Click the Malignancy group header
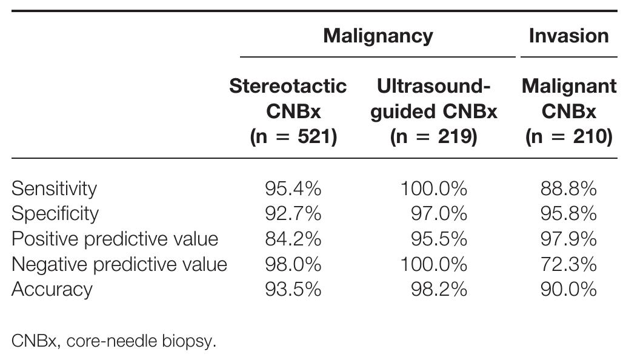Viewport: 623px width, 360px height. click(x=378, y=36)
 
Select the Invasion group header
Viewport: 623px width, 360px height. click(x=568, y=36)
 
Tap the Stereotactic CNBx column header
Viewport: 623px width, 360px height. click(x=288, y=112)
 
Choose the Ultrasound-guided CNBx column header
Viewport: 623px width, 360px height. click(x=433, y=112)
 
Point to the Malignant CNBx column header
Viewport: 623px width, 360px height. click(x=568, y=112)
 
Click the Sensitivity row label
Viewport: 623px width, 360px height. click(x=54, y=188)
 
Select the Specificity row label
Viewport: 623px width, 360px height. click(x=55, y=214)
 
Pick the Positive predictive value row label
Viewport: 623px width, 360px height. click(x=115, y=239)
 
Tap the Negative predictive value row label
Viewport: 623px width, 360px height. click(x=119, y=264)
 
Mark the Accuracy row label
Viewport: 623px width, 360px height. click(x=52, y=289)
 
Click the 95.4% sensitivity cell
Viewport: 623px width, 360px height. click(x=293, y=188)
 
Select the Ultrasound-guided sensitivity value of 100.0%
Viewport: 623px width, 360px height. click(x=433, y=188)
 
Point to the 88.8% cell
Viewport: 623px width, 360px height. click(x=568, y=188)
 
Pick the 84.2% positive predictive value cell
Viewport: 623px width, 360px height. click(x=293, y=239)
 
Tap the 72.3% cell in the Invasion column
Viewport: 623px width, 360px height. click(x=568, y=264)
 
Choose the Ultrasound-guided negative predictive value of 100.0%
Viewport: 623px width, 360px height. click(x=433, y=264)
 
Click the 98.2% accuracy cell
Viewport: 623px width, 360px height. click(x=439, y=289)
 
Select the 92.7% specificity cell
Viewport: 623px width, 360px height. click(x=293, y=214)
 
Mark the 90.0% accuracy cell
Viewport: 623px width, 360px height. click(x=568, y=289)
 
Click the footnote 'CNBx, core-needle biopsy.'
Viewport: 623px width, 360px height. click(x=113, y=341)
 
